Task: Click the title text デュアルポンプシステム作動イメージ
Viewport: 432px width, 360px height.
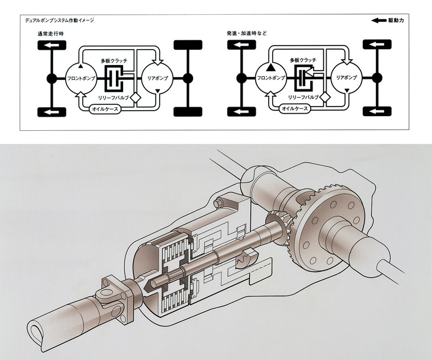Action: coord(59,20)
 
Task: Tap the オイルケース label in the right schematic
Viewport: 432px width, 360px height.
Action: coord(294,108)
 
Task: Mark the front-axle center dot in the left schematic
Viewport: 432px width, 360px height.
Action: coord(51,78)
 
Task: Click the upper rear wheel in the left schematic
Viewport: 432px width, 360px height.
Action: coord(188,44)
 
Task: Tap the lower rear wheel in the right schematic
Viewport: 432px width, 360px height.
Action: coord(377,111)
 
